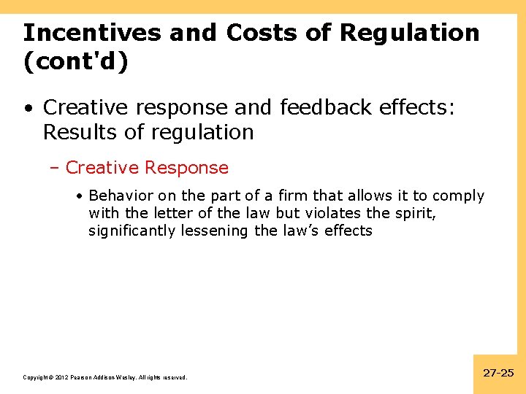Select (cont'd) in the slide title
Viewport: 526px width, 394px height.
75,62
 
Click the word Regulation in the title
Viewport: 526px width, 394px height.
410,33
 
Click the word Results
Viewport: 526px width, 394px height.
78,132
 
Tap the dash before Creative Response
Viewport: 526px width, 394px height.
57,168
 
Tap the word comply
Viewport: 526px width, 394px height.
459,196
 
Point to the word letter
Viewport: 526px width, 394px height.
167,214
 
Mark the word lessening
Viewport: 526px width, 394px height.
214,231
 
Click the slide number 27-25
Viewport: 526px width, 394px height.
499,373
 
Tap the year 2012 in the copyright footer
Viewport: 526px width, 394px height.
61,378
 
